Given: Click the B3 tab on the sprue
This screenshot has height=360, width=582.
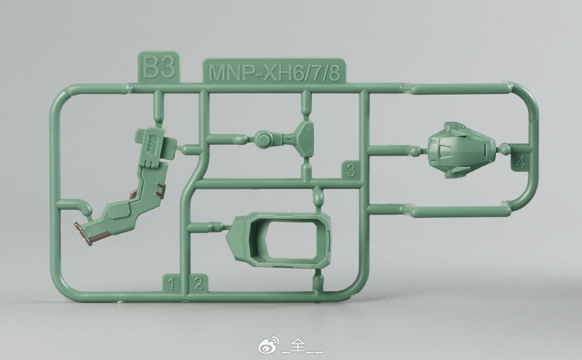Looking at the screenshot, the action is click(158, 67).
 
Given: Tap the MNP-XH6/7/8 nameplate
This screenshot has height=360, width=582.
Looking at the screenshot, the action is click(274, 71).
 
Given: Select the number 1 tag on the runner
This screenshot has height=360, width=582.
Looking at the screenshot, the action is click(171, 284).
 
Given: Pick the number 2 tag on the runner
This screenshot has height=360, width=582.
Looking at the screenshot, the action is click(198, 284).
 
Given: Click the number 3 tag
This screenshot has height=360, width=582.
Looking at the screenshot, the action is click(351, 171).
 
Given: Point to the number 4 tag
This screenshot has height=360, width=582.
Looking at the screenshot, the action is click(521, 162).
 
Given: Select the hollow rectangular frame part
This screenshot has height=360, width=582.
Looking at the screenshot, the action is click(279, 240).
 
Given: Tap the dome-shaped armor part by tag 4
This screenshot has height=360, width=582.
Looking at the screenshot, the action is click(462, 150).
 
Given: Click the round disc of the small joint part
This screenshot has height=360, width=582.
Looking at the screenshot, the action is click(263, 139).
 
